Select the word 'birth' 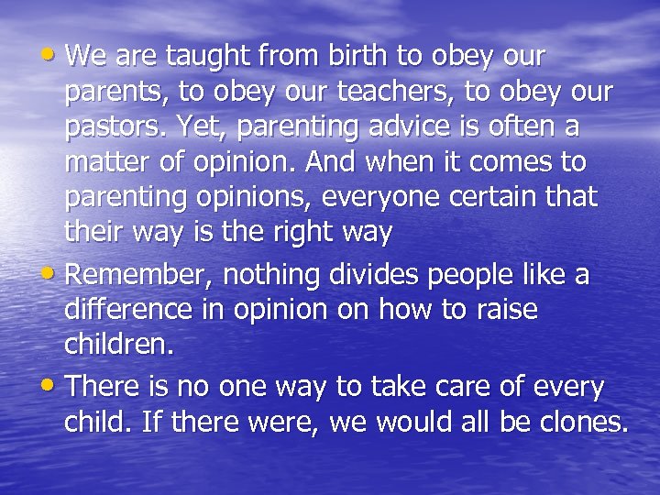pyautogui.click(x=357, y=57)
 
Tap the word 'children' pyautogui.click(x=117, y=345)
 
